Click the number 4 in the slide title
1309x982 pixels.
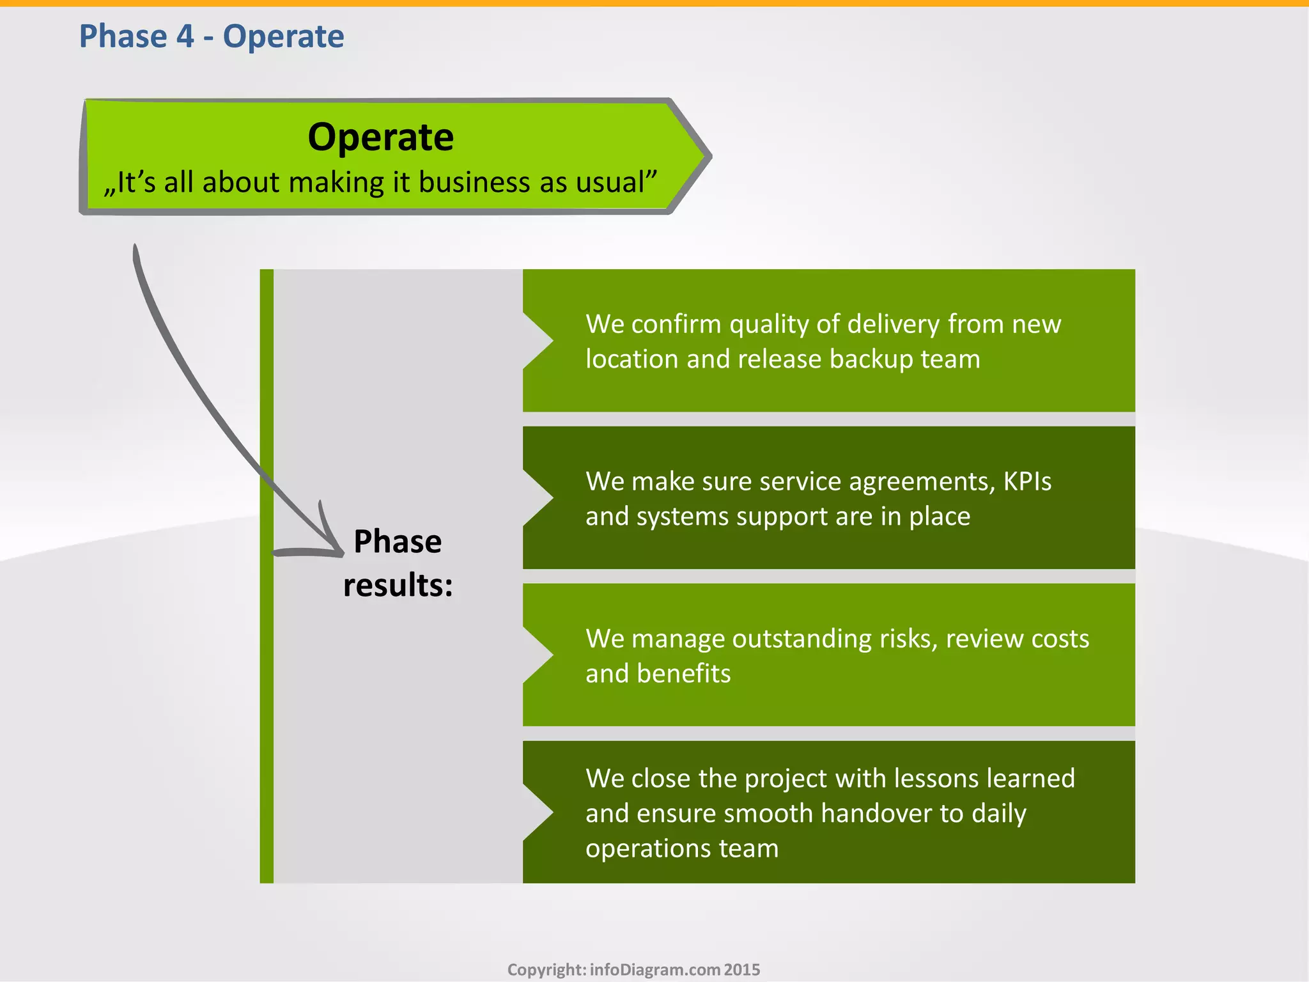click(185, 36)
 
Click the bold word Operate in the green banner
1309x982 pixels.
click(380, 137)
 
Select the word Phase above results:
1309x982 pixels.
click(398, 542)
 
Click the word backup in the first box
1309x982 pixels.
click(872, 359)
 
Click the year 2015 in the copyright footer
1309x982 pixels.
click(742, 970)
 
